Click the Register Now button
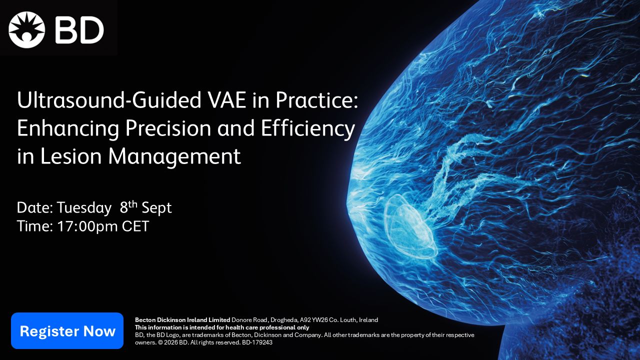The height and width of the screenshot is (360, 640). pos(67,330)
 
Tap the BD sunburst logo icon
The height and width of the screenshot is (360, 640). pos(26,29)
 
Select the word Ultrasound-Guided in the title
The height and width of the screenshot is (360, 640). pos(109,101)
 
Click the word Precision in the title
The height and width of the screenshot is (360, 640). pos(168,128)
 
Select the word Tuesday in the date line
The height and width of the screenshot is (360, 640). pos(84,208)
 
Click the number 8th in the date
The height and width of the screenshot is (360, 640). pos(128,206)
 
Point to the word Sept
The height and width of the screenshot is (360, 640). pos(156,208)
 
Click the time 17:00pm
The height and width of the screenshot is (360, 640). pos(87,226)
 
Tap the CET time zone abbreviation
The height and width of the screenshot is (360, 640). pos(135,226)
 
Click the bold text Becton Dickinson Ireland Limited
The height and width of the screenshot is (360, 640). pos(182,320)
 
